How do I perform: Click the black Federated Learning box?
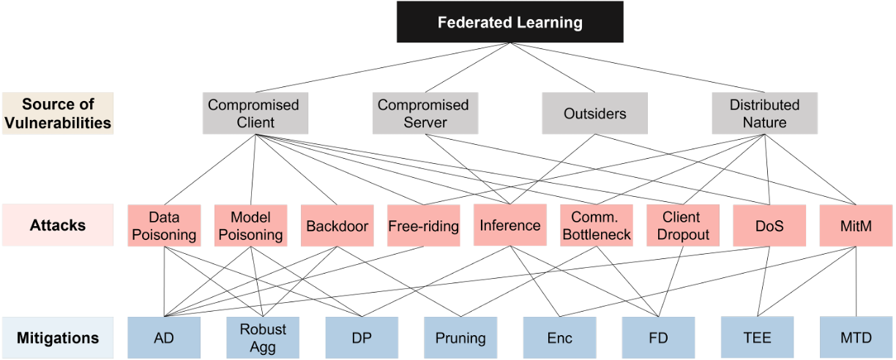click(509, 23)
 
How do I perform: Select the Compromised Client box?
click(253, 113)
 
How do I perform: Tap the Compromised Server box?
click(424, 113)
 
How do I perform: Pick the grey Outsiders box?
click(594, 113)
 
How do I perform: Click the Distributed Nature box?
click(764, 113)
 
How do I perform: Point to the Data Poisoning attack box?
click(164, 225)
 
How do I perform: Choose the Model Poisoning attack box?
click(250, 225)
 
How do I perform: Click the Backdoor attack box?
click(337, 225)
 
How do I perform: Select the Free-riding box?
click(423, 225)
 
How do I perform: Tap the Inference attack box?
click(509, 225)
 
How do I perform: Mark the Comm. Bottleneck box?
click(596, 225)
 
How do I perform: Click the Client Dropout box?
click(681, 225)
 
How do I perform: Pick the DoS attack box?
click(769, 225)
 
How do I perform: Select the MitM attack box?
click(854, 225)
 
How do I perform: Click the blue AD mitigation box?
click(163, 337)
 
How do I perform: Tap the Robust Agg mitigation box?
click(262, 337)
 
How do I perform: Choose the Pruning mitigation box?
click(460, 337)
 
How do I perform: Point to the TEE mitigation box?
click(757, 337)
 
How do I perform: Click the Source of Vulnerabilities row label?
click(58, 113)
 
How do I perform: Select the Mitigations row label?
click(58, 337)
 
